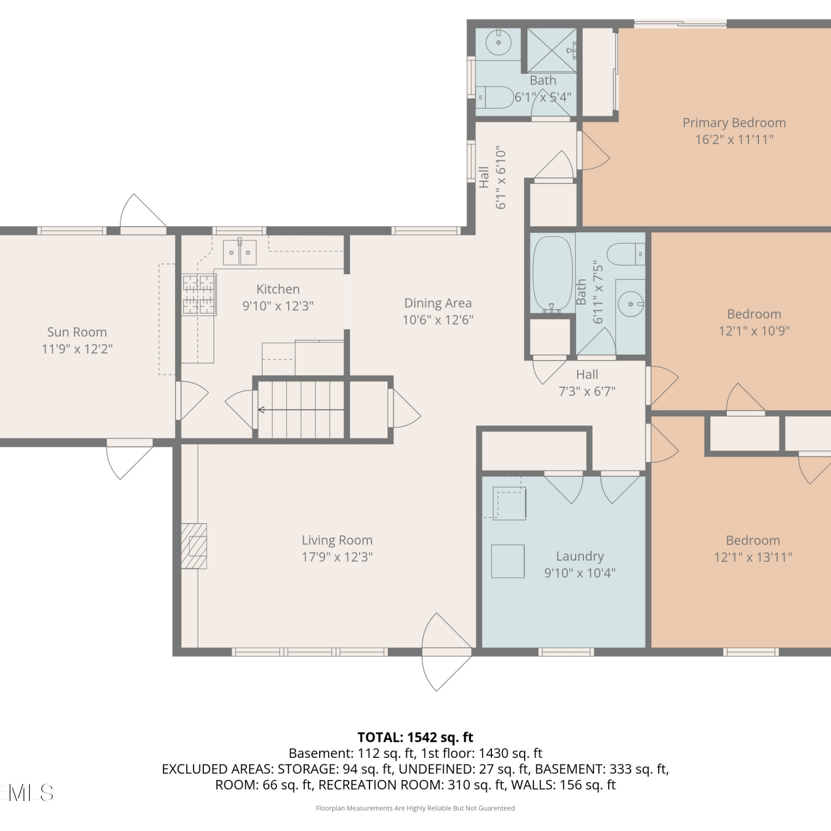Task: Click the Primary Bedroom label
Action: click(x=734, y=123)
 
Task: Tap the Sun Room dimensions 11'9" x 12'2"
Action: click(x=77, y=349)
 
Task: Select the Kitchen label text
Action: click(x=278, y=289)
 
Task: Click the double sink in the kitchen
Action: click(x=240, y=252)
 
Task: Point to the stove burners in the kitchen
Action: click(x=199, y=295)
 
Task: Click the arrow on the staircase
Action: click(x=301, y=410)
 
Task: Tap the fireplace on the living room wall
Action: click(x=194, y=546)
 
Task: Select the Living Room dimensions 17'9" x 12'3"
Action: click(x=337, y=557)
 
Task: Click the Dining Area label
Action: click(x=438, y=303)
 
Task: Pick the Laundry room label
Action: click(x=580, y=556)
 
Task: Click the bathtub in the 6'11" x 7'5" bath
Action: click(x=552, y=274)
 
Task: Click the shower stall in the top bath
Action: click(x=551, y=50)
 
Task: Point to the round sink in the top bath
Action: click(x=499, y=43)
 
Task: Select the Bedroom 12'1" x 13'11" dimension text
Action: click(x=753, y=557)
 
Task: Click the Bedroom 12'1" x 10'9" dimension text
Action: click(x=754, y=331)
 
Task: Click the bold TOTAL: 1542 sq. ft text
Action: click(x=416, y=737)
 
